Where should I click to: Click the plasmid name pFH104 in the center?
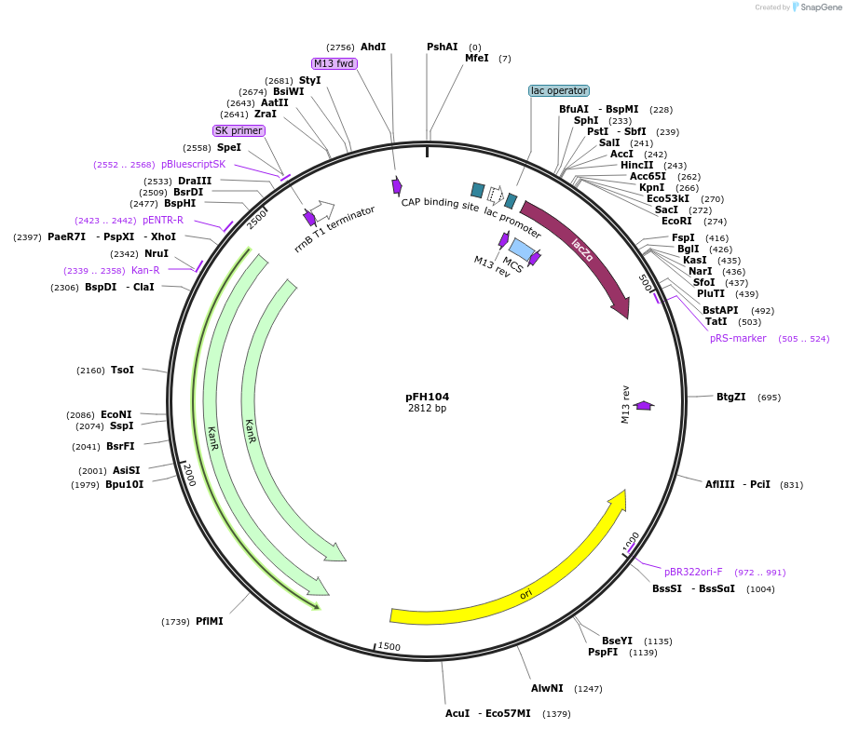pyautogui.click(x=427, y=396)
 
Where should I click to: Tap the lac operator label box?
pyautogui.click(x=559, y=90)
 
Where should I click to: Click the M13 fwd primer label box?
pyautogui.click(x=334, y=63)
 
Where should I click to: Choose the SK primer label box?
pyautogui.click(x=239, y=130)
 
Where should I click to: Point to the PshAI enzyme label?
pyautogui.click(x=443, y=47)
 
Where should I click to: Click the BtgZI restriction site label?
pyautogui.click(x=730, y=397)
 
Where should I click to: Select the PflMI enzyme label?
pyautogui.click(x=210, y=621)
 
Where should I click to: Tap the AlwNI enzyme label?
pyautogui.click(x=547, y=688)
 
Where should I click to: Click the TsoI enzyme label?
pyautogui.click(x=122, y=370)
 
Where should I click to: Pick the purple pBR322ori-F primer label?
pyautogui.click(x=693, y=572)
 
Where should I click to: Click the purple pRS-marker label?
pyautogui.click(x=737, y=338)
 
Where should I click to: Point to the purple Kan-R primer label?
pyautogui.click(x=145, y=270)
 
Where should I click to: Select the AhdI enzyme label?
pyautogui.click(x=373, y=47)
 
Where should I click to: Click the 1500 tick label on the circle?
pyautogui.click(x=389, y=647)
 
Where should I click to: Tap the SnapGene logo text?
pyautogui.click(x=821, y=7)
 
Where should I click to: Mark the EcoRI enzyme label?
pyautogui.click(x=676, y=221)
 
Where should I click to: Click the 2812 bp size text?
pyautogui.click(x=427, y=408)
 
